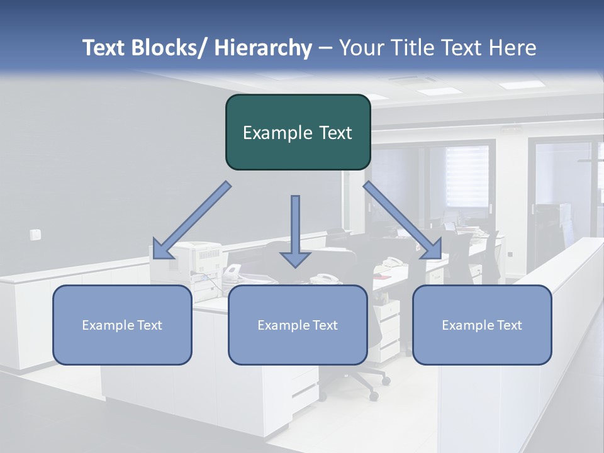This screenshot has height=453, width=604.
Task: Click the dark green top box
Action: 298,132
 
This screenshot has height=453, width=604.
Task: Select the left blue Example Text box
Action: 122,325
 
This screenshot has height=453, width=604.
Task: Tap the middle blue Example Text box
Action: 298,325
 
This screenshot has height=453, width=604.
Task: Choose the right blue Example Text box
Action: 482,325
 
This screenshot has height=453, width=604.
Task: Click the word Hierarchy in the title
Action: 263,48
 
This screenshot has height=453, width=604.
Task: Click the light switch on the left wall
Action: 35,235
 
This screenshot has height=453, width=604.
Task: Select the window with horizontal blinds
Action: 467,176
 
